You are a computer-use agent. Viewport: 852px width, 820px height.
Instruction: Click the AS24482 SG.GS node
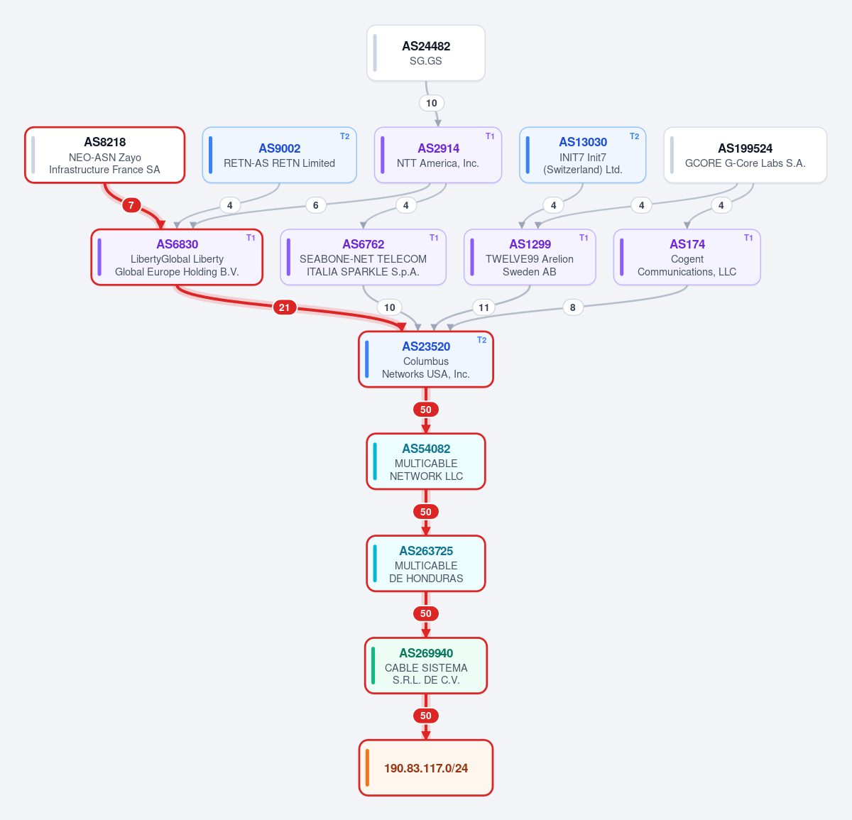(425, 53)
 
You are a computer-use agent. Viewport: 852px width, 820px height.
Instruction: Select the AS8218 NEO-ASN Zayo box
(104, 155)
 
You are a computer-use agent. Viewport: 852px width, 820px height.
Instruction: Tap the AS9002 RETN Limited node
(279, 155)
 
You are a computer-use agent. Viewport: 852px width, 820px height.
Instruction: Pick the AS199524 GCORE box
(745, 155)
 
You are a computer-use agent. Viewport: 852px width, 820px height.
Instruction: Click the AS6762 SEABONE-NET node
(363, 257)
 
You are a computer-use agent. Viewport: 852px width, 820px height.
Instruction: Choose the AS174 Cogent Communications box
(687, 257)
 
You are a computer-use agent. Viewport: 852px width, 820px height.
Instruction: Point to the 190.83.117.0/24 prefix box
(425, 768)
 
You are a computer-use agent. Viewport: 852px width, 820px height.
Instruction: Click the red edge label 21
(285, 307)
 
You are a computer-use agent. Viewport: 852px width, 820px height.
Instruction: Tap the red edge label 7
(131, 205)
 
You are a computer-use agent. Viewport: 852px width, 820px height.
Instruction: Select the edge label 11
(484, 307)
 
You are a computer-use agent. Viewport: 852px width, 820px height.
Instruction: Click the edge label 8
(573, 307)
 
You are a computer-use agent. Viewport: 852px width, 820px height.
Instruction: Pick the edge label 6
(316, 205)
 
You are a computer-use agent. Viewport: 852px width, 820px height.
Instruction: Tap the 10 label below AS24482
(432, 103)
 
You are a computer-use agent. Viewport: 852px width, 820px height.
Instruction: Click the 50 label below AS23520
(425, 410)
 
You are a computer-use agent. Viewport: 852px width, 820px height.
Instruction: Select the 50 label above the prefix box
(425, 716)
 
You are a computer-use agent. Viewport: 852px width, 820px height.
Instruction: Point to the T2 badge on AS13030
(635, 136)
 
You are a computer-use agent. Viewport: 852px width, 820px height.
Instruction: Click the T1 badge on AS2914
(490, 136)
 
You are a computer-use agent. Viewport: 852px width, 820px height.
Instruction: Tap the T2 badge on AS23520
(481, 340)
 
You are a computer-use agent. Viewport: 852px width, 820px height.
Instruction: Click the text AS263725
(426, 551)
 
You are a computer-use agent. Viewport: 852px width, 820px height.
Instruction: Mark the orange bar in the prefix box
(367, 768)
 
